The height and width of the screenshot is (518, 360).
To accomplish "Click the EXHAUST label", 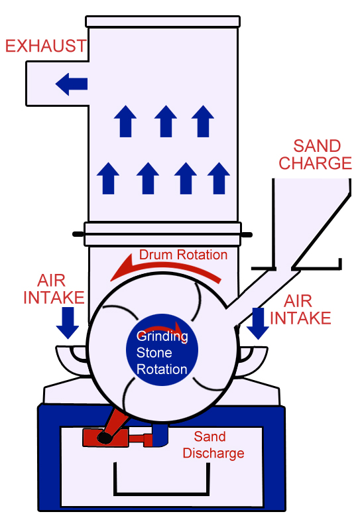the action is point(46,46).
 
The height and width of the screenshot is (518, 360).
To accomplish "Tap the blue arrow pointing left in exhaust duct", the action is point(72,84).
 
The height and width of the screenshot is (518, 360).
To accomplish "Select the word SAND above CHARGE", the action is point(317,146).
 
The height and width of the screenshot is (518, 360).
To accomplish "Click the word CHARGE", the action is point(315,163).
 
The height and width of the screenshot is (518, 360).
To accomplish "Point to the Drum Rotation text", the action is point(183,255).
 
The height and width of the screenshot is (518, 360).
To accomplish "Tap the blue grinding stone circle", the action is point(162,350).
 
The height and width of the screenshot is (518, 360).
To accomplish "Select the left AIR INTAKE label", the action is point(54,289).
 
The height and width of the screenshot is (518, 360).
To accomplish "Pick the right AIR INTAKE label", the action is point(300,310).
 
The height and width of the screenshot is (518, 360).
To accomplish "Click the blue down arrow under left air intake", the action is point(68,323).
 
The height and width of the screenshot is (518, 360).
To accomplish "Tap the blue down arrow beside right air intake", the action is point(258,324).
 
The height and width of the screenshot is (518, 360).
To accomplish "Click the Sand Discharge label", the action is point(213,444).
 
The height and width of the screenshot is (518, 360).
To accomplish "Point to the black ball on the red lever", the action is point(105,437).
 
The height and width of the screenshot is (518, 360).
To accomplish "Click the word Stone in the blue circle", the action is point(154,353).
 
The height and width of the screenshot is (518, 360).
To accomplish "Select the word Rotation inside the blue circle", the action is point(162,369).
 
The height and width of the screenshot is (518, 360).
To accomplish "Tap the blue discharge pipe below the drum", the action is point(160,434).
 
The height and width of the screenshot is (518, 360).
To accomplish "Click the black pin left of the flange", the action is point(78,234).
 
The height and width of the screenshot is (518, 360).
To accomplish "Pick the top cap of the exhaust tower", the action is point(162,21).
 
